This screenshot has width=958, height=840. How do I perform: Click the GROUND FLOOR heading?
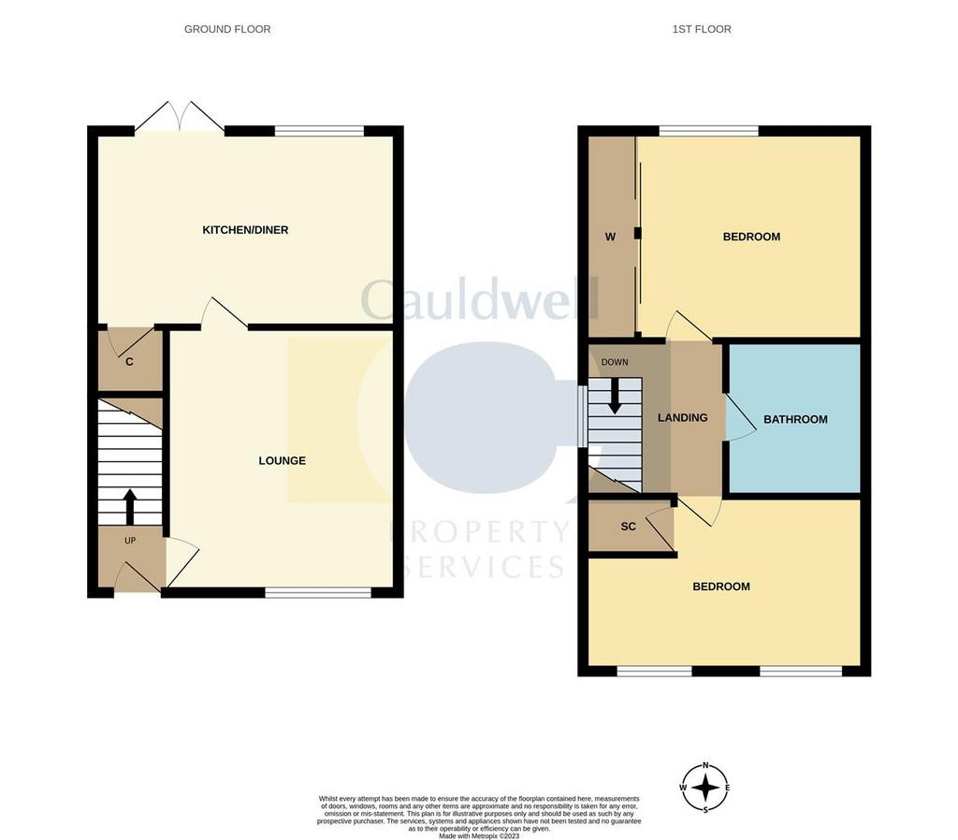[x=227, y=29]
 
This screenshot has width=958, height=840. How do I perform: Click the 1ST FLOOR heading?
[x=702, y=29]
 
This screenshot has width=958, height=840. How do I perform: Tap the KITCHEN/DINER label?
[x=245, y=230]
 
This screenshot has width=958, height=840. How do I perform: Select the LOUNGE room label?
[x=283, y=460]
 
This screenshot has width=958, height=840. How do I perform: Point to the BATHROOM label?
[x=795, y=419]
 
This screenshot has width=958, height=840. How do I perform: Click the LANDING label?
[x=682, y=417]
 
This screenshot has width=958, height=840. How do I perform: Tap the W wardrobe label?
[x=610, y=237]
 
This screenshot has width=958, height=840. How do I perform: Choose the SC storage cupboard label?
[x=628, y=526]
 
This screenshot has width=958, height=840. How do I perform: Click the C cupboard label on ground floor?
[x=129, y=362]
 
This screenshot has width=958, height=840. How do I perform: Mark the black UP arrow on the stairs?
[x=129, y=506]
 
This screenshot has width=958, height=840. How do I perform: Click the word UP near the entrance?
[x=130, y=541]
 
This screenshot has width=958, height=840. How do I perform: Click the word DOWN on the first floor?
[x=615, y=362]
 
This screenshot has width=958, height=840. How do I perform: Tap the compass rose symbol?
[x=705, y=788]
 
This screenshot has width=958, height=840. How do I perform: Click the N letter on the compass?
[x=705, y=765]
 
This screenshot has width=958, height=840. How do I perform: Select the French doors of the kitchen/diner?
[x=180, y=116]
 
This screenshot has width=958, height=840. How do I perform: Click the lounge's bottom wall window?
[x=318, y=592]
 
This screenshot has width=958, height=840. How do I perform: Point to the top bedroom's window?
[x=709, y=131]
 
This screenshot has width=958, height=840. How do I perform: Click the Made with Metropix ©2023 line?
[x=479, y=835]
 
